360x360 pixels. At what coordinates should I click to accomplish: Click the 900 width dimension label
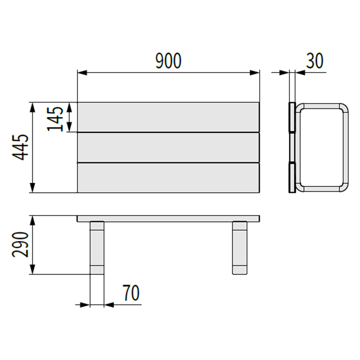click(x=168, y=61)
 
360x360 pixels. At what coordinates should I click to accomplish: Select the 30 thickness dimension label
click(x=315, y=61)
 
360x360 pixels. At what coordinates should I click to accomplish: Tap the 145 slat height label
click(x=56, y=118)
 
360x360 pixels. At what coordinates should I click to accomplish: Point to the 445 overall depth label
click(x=21, y=147)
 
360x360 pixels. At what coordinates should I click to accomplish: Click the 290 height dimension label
click(x=21, y=245)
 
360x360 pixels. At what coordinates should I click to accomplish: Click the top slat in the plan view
click(x=168, y=117)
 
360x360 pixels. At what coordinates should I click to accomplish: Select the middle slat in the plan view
click(x=168, y=147)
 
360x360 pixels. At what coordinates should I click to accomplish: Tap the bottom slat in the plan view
click(x=168, y=177)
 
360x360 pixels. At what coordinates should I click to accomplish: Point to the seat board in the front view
click(x=168, y=219)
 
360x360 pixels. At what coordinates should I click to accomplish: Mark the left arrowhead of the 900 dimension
click(x=81, y=72)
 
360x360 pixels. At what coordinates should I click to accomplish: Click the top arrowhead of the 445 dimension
click(x=32, y=106)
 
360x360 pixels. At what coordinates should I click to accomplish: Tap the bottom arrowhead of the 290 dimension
click(x=32, y=270)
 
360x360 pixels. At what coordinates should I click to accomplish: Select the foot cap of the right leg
click(x=239, y=270)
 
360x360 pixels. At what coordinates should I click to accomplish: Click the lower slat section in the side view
click(x=292, y=177)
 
